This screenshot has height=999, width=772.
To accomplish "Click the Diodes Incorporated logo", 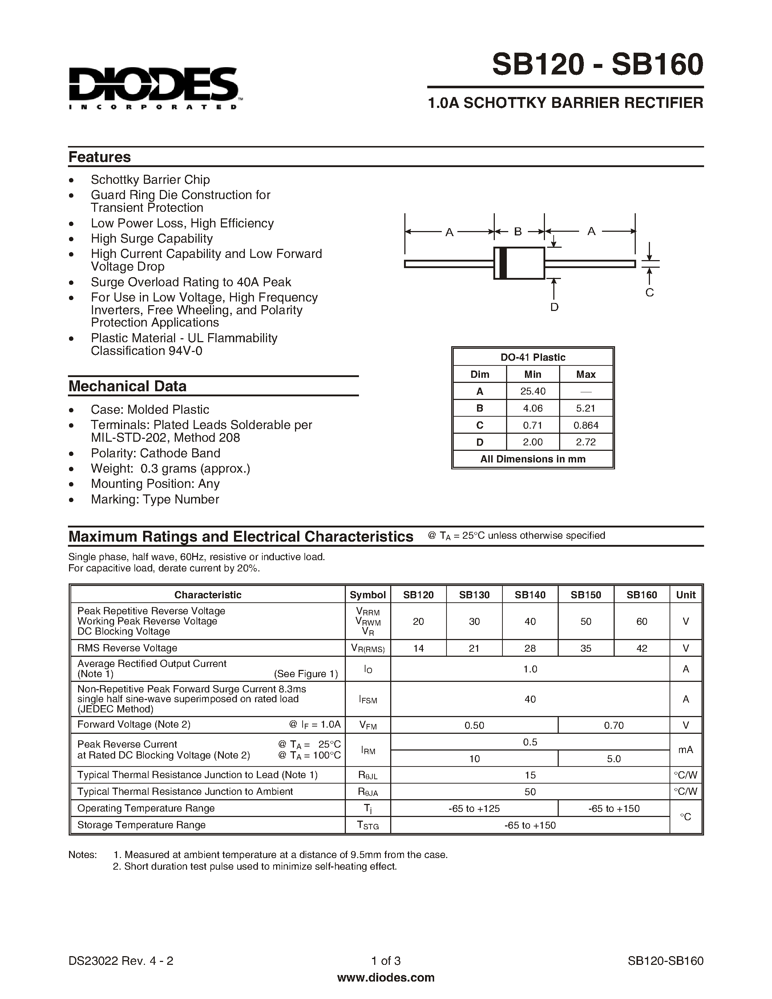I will coord(153,88).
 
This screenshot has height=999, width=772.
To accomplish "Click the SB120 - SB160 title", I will coord(597,65).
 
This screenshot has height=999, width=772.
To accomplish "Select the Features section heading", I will coord(99,157).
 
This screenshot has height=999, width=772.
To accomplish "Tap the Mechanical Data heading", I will coord(127,386).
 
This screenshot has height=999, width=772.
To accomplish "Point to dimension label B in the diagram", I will coord(518,231).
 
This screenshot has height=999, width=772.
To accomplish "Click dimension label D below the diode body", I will coord(554,307).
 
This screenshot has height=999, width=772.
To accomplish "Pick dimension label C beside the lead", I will coord(650,292).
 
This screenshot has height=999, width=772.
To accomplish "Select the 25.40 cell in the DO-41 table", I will coord(533,391).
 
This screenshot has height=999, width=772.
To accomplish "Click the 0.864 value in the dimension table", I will coord(586,425).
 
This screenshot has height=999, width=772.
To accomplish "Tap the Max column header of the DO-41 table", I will coord(586,374).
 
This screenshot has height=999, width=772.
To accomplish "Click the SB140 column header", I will coord(530,595).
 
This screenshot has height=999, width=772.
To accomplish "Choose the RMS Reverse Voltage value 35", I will coord(586,648).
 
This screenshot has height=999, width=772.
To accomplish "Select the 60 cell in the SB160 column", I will coord(642,621).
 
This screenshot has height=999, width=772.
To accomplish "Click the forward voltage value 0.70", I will coord(614,725).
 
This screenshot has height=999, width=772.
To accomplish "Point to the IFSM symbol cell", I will coord(368,699).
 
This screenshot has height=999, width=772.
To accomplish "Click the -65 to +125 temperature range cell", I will coord(474,808).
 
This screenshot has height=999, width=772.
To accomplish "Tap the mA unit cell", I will coord(686,750).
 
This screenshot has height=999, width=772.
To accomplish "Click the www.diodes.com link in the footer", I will coord(385,978).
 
